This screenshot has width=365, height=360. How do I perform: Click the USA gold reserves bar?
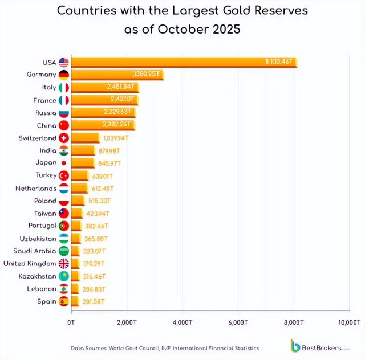click(182, 62)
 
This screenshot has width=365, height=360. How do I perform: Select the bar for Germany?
click(117, 75)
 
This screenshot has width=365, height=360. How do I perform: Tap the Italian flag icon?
click(63, 87)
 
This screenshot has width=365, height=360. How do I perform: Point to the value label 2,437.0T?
click(120, 100)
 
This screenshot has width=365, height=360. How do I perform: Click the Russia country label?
click(46, 113)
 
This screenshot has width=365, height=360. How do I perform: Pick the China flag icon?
click(63, 125)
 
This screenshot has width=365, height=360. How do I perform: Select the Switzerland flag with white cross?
click(63, 138)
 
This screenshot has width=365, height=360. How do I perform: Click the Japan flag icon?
click(63, 163)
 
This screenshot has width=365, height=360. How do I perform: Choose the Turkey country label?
click(46, 175)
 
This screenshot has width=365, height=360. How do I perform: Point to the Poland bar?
click(78, 201)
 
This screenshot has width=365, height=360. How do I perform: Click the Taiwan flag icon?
click(63, 213)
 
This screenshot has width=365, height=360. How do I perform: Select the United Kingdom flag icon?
click(63, 263)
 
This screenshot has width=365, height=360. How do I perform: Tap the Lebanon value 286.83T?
click(94, 288)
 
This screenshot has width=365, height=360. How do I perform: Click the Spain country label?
click(47, 301)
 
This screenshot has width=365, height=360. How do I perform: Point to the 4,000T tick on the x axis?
click(182, 322)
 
